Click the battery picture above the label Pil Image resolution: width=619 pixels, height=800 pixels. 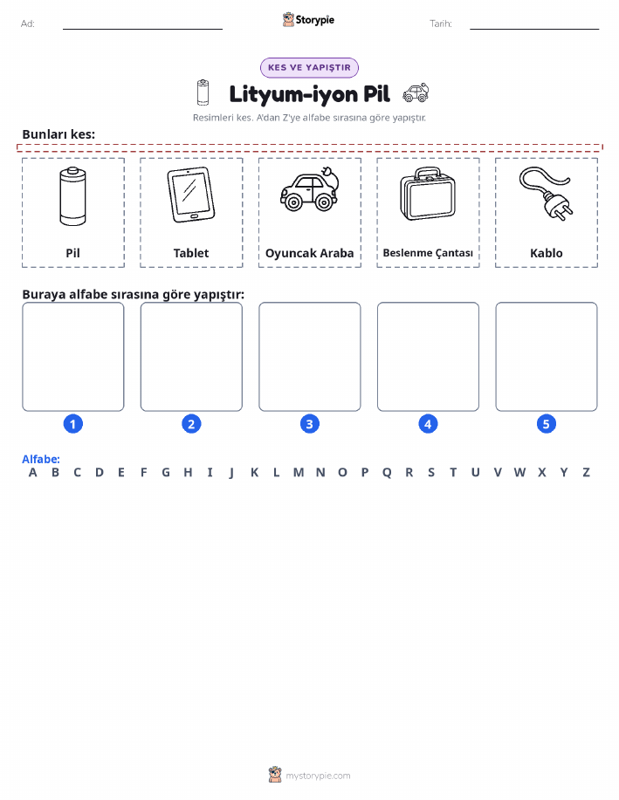coord(72,196)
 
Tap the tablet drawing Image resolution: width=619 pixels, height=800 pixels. coord(191,195)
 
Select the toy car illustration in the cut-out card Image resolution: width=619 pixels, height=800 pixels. coord(309,188)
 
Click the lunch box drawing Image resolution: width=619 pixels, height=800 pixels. coord(428,194)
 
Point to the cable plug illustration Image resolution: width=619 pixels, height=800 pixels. coord(546,194)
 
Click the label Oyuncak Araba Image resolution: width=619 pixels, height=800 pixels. coord(309,253)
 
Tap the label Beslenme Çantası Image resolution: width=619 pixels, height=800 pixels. coord(428,253)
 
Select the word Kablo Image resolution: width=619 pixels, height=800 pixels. coord(547,253)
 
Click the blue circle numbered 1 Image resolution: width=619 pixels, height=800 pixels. coord(73,424)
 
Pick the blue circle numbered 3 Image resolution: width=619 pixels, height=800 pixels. coord(309,424)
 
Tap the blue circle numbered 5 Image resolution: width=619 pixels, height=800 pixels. coord(546,424)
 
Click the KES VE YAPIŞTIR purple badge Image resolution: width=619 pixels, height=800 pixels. coord(309,68)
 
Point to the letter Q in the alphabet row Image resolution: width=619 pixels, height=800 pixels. coord(387,473)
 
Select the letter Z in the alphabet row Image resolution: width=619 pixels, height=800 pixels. coord(587,473)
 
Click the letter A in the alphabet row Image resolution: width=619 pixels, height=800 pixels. coord(32,473)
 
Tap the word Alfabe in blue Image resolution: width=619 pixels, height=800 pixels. coord(41,459)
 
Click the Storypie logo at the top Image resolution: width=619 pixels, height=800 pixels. coord(308,20)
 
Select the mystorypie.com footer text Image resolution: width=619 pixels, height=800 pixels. coord(318,776)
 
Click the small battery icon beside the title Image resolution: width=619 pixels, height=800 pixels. coord(203,92)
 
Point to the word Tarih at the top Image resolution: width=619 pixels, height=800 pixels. coord(441,24)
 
